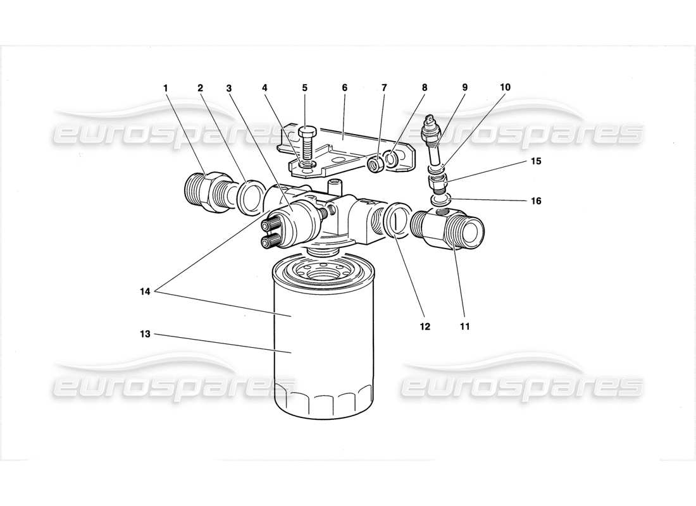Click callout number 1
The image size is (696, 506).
click(x=166, y=88)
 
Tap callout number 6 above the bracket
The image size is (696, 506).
click(x=345, y=88)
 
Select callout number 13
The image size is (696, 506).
click(x=146, y=334)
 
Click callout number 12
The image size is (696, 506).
click(x=424, y=326)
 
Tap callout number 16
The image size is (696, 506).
click(x=536, y=201)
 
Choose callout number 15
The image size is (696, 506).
click(x=536, y=161)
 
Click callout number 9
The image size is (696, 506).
click(x=464, y=88)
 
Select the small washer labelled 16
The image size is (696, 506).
click(x=440, y=199)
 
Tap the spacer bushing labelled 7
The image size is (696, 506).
click(x=375, y=166)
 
